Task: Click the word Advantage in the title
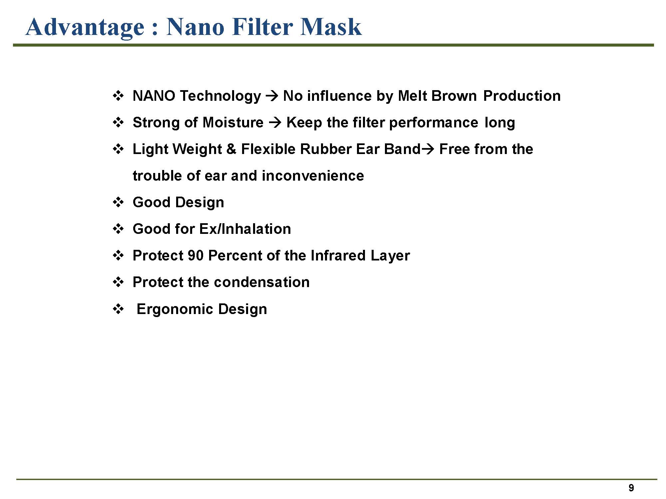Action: pos(85,28)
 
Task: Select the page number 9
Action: pos(631,488)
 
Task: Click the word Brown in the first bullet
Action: pos(454,96)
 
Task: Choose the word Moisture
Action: pos(233,122)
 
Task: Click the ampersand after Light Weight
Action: pos(231,149)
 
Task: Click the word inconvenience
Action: pos(313,176)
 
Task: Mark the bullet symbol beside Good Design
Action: pos(118,202)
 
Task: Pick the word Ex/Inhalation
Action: pos(245,229)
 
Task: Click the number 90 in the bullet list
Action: pos(195,255)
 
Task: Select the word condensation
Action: pos(262,282)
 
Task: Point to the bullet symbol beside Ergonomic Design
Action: pos(118,309)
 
